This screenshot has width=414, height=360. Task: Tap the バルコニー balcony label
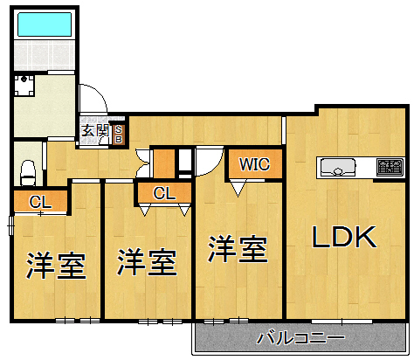click(300, 338)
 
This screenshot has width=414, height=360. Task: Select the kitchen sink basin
click(337, 167)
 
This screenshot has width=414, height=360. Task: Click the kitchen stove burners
click(389, 166)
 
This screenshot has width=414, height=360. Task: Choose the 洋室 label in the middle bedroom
click(147, 261)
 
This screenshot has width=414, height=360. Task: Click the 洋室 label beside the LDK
click(237, 251)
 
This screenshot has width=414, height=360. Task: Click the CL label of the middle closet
click(164, 193)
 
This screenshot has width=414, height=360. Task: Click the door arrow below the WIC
click(238, 185)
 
